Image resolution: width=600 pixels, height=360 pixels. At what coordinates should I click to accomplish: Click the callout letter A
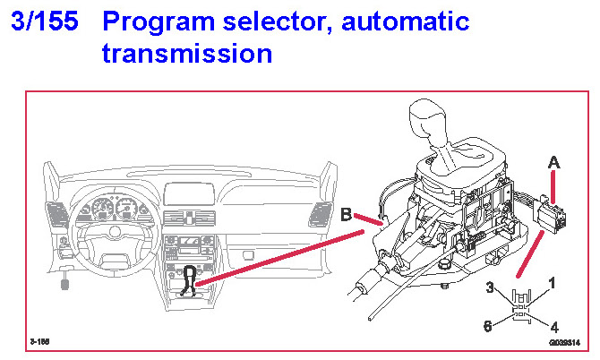coord(554,163)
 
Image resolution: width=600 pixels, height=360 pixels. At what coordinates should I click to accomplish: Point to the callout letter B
coord(347,215)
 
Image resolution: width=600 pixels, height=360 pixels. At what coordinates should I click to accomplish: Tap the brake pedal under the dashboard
coord(64,286)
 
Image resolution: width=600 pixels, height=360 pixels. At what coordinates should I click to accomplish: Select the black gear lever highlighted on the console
coord(190,279)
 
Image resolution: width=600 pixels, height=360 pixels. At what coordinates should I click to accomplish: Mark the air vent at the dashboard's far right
coord(318,215)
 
